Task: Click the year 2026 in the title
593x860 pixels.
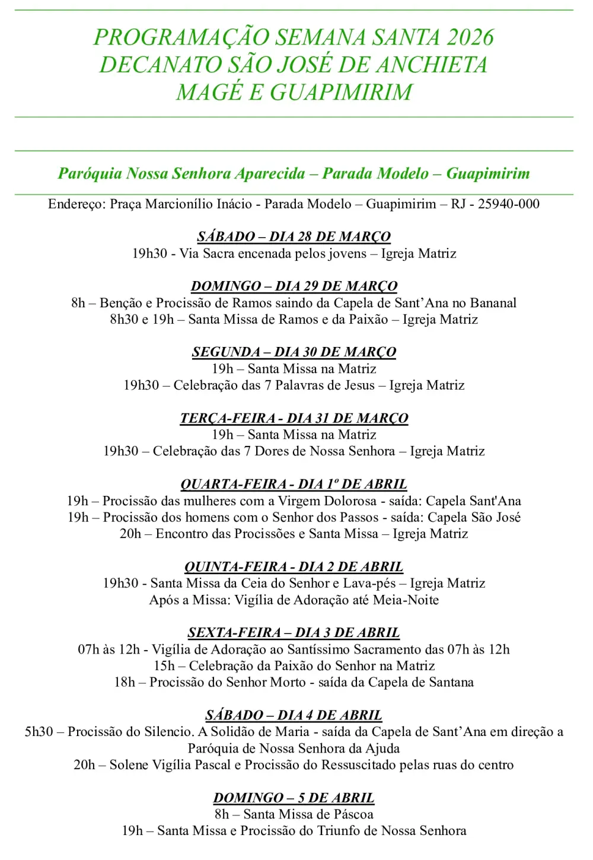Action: pyautogui.click(x=470, y=37)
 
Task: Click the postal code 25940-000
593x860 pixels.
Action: pyautogui.click(x=509, y=204)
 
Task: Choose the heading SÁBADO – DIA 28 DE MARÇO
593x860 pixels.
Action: pyautogui.click(x=294, y=237)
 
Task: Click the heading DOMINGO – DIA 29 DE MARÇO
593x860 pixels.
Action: pyautogui.click(x=294, y=286)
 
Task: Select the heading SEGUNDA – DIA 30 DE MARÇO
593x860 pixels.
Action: pyautogui.click(x=294, y=352)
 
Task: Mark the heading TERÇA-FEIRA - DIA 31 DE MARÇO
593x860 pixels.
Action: pyautogui.click(x=294, y=418)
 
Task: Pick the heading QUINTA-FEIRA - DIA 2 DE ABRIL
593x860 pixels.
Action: pyautogui.click(x=294, y=567)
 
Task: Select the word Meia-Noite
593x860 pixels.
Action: pyautogui.click(x=406, y=600)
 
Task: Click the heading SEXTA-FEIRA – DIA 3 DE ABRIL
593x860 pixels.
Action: pyautogui.click(x=294, y=633)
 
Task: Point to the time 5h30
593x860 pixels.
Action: pyautogui.click(x=39, y=732)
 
